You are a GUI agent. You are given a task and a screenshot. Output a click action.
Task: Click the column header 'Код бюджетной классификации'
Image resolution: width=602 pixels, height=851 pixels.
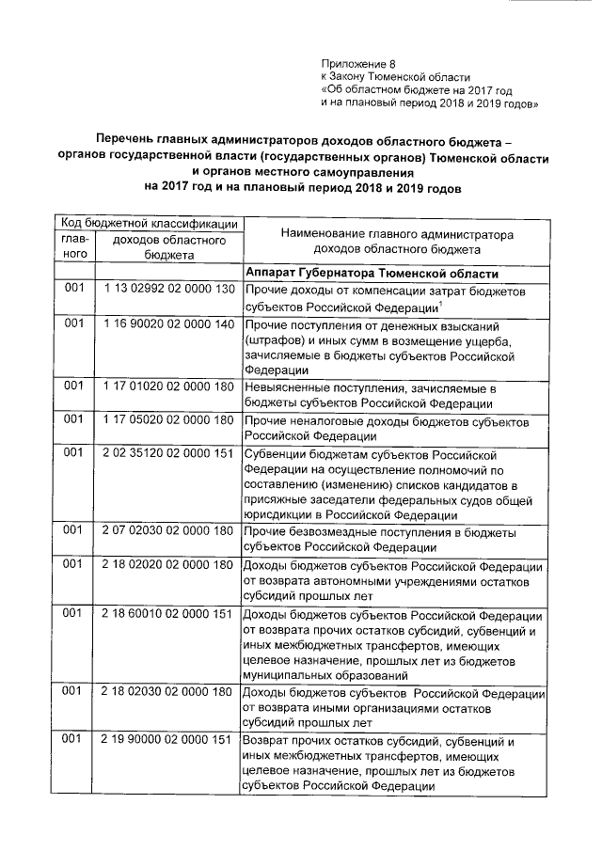click(x=149, y=222)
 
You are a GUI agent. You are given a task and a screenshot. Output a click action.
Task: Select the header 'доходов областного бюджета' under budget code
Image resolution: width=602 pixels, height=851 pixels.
click(x=168, y=247)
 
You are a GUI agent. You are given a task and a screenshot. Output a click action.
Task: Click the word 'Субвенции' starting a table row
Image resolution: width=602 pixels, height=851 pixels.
click(x=274, y=453)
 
